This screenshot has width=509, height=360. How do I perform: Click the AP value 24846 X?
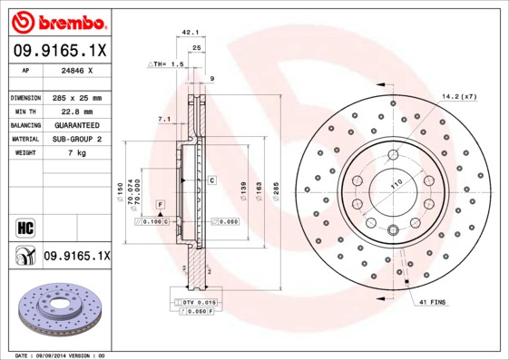tap(75, 69)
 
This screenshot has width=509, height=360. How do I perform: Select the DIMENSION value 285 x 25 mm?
tap(75, 97)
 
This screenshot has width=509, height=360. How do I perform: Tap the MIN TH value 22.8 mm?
tap(75, 111)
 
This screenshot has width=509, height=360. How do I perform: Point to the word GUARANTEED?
tap(75, 125)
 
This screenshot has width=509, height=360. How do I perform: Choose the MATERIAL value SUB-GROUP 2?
tap(75, 140)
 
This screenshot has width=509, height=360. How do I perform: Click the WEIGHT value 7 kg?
tap(75, 153)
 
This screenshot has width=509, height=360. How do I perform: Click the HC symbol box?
tap(24, 226)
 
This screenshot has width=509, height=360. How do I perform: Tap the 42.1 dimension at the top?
tap(191, 32)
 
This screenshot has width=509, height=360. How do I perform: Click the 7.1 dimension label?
tap(163, 119)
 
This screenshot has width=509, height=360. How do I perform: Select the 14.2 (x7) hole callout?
tap(460, 96)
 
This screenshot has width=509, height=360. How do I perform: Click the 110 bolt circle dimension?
tap(396, 185)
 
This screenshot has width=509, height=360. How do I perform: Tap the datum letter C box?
tap(211, 180)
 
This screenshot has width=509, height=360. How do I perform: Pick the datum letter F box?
tap(160, 204)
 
